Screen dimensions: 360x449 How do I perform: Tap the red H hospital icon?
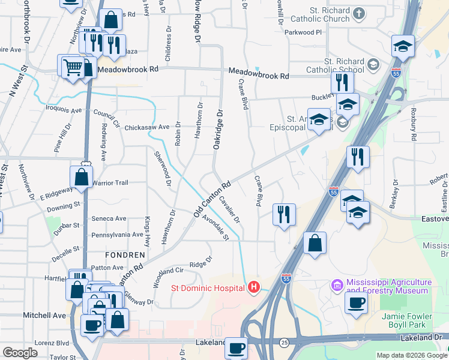(254, 288)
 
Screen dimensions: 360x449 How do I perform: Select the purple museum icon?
(337, 283)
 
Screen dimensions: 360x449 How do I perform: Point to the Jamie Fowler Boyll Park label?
(412, 320)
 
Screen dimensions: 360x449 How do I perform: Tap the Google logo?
(20, 352)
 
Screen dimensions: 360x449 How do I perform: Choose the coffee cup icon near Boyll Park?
(356, 303)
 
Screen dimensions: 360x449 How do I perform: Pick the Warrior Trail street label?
(110, 182)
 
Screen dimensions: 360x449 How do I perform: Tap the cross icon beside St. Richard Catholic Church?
(358, 13)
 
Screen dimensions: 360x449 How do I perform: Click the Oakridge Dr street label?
(218, 130)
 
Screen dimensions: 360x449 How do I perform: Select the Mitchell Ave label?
(44, 315)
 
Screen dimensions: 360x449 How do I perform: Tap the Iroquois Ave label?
(64, 110)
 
